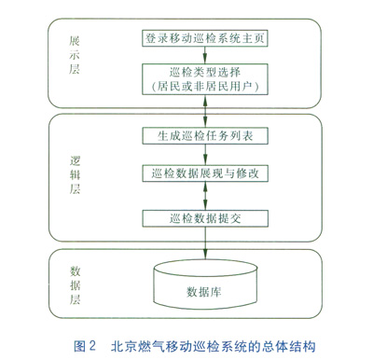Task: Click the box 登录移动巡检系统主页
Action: pos(205,38)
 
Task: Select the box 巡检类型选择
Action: pos(205,79)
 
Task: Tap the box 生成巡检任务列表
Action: pos(205,136)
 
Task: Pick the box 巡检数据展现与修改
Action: pos(205,173)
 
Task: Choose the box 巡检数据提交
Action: pos(205,218)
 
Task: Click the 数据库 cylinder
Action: pos(205,284)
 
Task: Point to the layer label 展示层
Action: pos(75,55)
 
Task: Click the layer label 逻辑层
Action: pos(75,175)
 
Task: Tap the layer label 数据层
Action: pos(75,284)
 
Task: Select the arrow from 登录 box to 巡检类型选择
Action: pos(205,55)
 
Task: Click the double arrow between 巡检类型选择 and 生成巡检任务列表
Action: pos(205,111)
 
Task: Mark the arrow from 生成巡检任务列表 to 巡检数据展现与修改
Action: pos(205,155)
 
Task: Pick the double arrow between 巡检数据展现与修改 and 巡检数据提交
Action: pos(205,196)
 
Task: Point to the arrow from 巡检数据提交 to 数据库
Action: pos(205,243)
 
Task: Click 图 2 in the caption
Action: pos(85,346)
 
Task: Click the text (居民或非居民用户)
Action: pos(205,86)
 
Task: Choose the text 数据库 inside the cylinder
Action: pos(204,292)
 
